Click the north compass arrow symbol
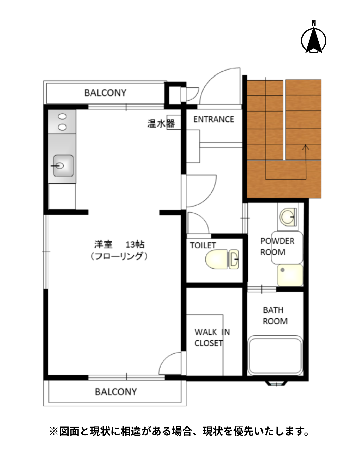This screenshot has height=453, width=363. pos(314,40)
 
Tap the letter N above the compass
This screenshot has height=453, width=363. pos(314,23)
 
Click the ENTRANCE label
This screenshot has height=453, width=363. pos(213,119)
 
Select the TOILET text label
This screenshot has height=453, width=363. pos(203,245)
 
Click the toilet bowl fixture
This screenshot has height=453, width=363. pos(222,259)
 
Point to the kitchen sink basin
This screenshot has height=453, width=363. pos(63,166)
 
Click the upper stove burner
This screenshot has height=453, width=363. pos(62,116)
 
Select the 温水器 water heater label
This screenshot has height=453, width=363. pos(161,124)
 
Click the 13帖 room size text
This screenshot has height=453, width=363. pos(135,244)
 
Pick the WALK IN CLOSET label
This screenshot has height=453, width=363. pos(212,338)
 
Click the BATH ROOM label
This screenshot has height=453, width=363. pos(275,316)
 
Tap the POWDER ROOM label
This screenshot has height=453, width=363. pos(277,247)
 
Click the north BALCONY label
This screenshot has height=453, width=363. pos(105,93)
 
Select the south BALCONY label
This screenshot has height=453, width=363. pos(116,392)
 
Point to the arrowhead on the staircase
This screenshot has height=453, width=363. pos(306,147)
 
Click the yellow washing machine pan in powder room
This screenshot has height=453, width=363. pos(290,275)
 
